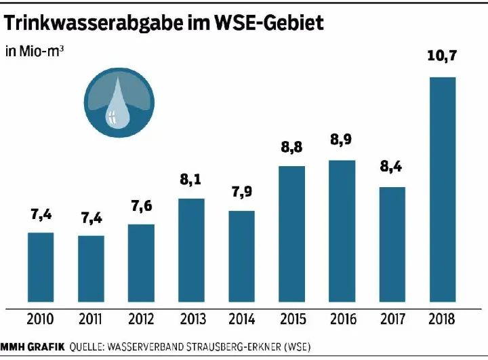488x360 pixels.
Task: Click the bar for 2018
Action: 443,189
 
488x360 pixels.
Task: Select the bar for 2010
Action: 40,267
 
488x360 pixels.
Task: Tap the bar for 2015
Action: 291,234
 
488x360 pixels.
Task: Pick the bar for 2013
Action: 191,250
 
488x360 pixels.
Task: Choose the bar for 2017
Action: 392,244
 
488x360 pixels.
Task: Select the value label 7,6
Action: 141,207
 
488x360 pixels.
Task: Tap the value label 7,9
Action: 241,193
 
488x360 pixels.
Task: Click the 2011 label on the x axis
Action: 91,319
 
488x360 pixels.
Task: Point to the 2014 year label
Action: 241,319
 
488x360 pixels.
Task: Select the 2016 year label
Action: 342,319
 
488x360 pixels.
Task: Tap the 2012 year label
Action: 141,319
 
